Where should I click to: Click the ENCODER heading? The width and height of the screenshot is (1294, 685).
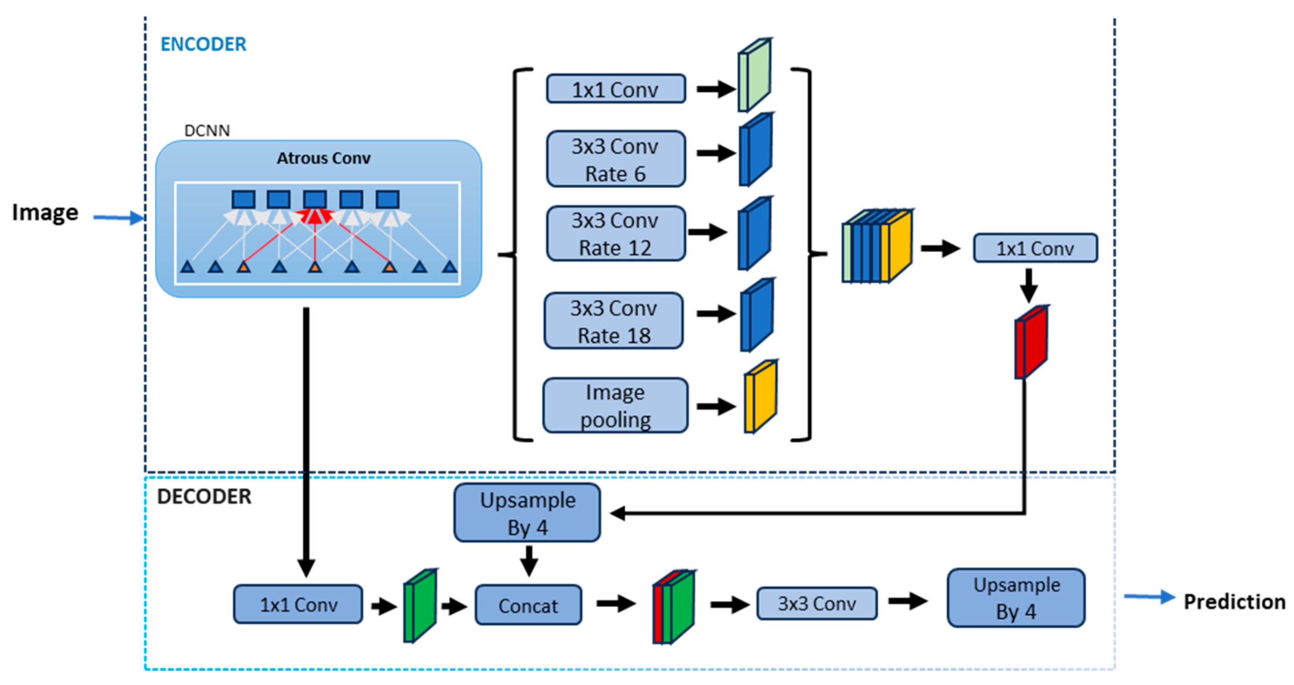pos(203,44)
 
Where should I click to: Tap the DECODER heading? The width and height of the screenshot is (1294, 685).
pos(204,497)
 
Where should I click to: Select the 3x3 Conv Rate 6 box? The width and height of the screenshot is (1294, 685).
pos(615,159)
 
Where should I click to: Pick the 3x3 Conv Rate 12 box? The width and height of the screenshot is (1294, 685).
pos(615,234)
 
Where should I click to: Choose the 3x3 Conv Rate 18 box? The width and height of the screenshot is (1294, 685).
pos(613,321)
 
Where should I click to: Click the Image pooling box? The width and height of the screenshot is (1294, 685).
pos(615,406)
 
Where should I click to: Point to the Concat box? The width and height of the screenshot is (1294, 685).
pos(528,605)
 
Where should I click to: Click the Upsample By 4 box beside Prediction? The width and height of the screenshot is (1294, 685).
pos(1016,598)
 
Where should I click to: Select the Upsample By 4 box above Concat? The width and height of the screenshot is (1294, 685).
pos(527,513)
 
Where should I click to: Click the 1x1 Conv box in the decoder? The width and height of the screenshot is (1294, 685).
pos(298,604)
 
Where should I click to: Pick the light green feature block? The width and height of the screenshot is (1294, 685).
pos(754,75)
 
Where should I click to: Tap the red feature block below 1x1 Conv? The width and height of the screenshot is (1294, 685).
pos(1031,342)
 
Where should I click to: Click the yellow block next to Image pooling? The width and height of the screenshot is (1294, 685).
pos(760,397)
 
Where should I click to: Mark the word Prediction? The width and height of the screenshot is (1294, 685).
pos(1234,601)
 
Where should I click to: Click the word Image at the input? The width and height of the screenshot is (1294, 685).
pos(45,213)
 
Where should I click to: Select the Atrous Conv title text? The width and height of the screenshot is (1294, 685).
pos(323,158)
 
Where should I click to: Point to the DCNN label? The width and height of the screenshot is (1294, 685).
pos(207,131)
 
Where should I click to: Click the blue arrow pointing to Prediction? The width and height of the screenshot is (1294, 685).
pos(1149,597)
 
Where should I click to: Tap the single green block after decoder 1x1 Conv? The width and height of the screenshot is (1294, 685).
pos(420,606)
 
